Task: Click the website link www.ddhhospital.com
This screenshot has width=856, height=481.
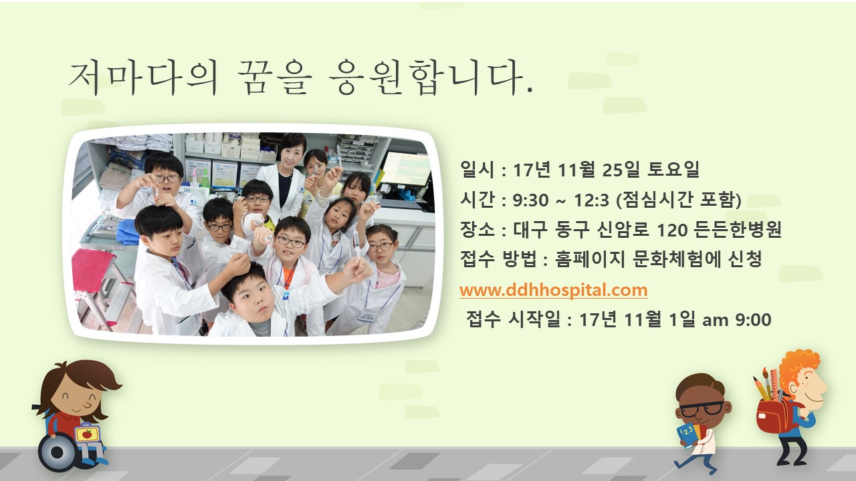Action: pos(553,290)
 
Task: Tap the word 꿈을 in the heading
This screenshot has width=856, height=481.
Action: pos(274,77)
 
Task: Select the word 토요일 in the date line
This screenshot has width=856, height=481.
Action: pos(673,169)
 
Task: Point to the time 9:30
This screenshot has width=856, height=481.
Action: pos(531,200)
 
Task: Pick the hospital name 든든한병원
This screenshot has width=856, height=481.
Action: pos(737,229)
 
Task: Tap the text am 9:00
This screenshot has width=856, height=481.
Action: pos(737,320)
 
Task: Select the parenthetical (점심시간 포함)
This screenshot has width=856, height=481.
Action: pos(679,199)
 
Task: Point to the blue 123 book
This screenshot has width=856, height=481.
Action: pos(689,435)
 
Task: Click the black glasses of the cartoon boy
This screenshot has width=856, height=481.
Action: pos(702,410)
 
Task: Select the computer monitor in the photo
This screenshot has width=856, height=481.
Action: pos(406,169)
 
